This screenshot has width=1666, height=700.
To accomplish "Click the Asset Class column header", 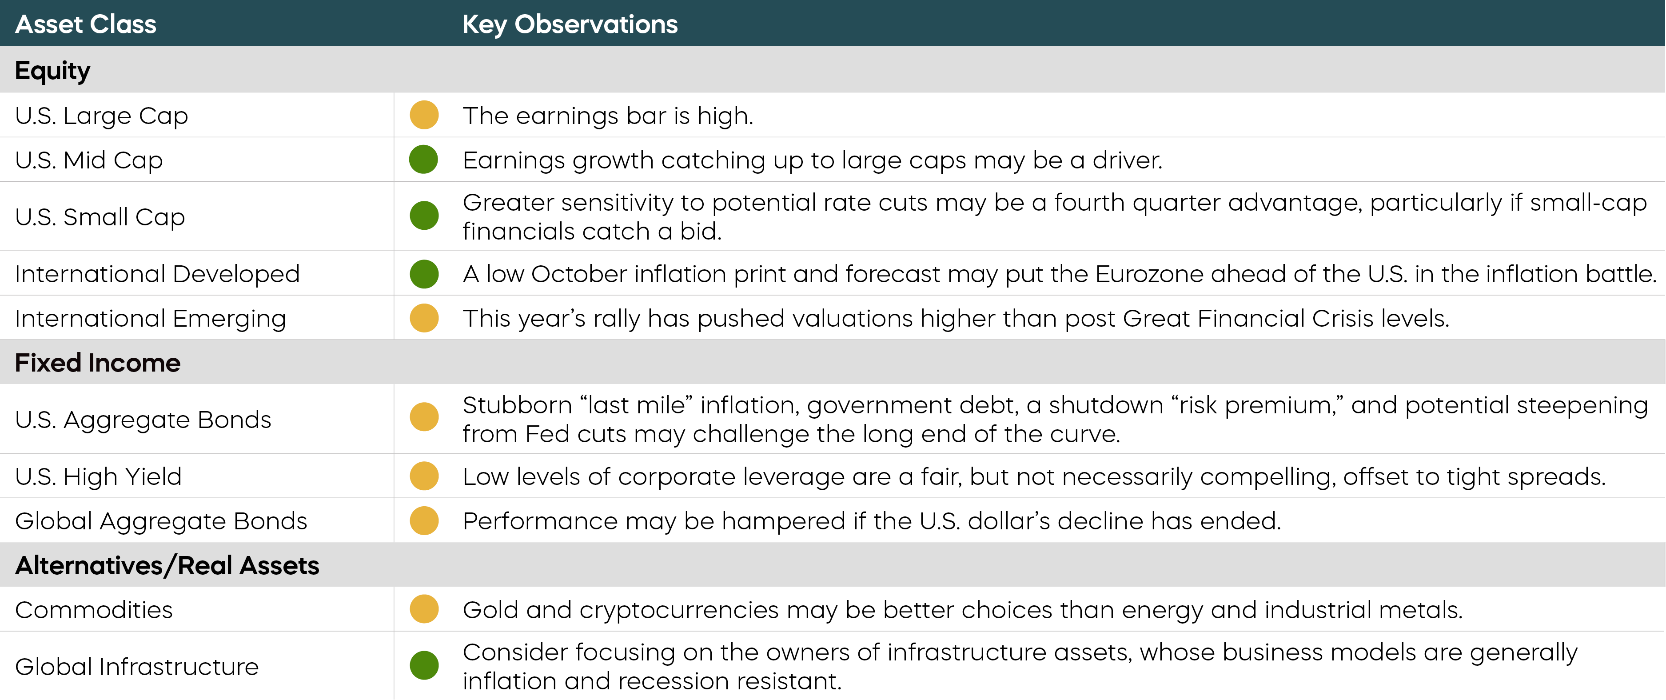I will click(x=85, y=24).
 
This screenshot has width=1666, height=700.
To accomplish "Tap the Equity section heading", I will click(x=52, y=70).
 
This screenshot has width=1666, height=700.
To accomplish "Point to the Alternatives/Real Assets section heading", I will click(x=167, y=565).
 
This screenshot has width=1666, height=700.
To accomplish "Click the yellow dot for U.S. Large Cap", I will click(x=424, y=115).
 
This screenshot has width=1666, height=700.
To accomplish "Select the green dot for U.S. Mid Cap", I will click(x=424, y=159).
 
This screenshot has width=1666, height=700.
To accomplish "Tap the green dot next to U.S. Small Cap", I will click(x=424, y=216).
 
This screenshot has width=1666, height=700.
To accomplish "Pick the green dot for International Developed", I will click(x=424, y=274).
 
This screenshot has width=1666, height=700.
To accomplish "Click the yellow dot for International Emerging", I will click(x=424, y=318).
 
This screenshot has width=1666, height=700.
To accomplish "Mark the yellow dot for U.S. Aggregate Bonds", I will click(x=424, y=416).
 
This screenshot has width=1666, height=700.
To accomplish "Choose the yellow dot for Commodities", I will click(x=424, y=609).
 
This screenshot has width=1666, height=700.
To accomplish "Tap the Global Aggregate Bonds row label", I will click(x=161, y=521).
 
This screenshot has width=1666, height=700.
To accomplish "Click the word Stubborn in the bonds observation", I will click(x=518, y=405).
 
